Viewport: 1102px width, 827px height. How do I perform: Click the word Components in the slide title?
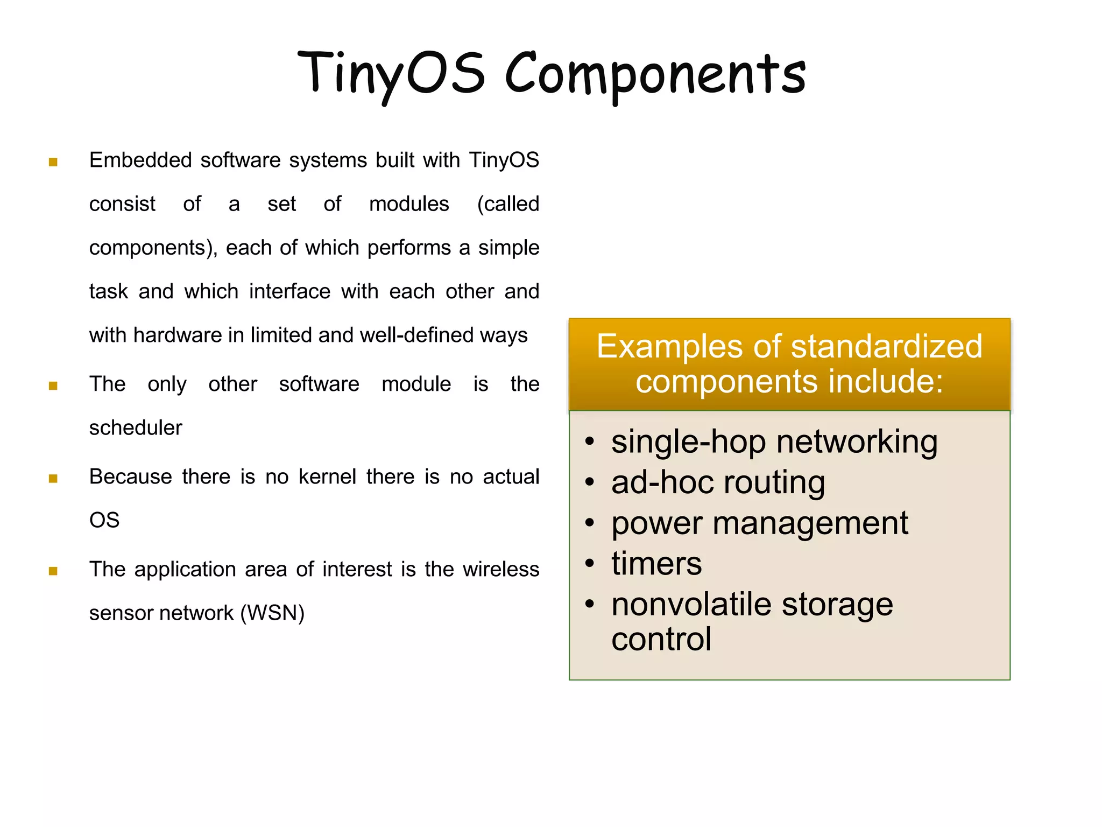coord(655,75)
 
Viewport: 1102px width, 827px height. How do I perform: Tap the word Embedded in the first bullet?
coord(140,160)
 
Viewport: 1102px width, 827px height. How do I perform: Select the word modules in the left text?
coord(409,204)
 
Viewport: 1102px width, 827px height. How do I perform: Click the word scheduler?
coord(136,428)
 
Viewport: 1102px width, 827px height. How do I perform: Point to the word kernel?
coord(327,477)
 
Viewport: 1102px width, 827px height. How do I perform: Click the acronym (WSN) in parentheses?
coord(272,613)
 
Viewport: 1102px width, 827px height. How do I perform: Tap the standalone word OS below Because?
coord(104,521)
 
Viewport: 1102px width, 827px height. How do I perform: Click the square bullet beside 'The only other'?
coord(53,386)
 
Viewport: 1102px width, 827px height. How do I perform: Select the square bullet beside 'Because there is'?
coord(53,479)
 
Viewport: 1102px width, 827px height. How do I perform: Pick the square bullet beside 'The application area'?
coord(53,571)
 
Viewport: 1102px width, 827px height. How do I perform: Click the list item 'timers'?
coord(656,564)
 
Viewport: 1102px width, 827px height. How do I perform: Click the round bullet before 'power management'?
coord(590,523)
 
